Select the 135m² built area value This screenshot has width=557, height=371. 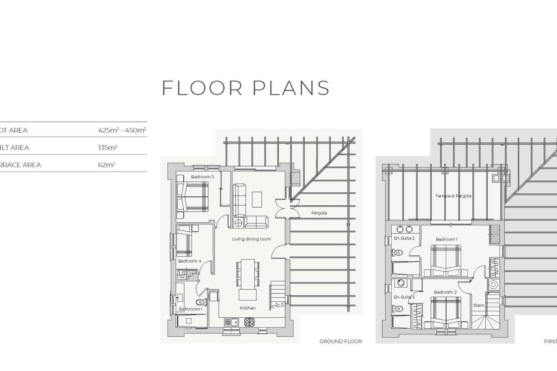pos(107,148)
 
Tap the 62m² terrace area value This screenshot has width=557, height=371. pos(106,165)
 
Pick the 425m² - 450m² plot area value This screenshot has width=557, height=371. pos(122,130)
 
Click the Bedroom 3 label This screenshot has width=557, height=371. pos(202,177)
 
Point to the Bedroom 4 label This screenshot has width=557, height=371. pos(189,261)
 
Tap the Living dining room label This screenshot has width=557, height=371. pos(251,239)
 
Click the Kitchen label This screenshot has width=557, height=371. pos(247,308)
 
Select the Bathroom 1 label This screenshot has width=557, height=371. pos(191,309)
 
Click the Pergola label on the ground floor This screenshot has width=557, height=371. pos(319,213)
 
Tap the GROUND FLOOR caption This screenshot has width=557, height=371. pos(341,341)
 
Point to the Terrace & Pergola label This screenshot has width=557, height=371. pos(453,196)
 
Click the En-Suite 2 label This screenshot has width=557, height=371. pos(404,238)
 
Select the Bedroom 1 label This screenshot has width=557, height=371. pos(446,239)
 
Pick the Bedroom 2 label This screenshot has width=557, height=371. pos(445,292)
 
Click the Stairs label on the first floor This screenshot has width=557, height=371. pos(478,305)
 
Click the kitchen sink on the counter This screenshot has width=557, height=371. pos(231,321)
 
